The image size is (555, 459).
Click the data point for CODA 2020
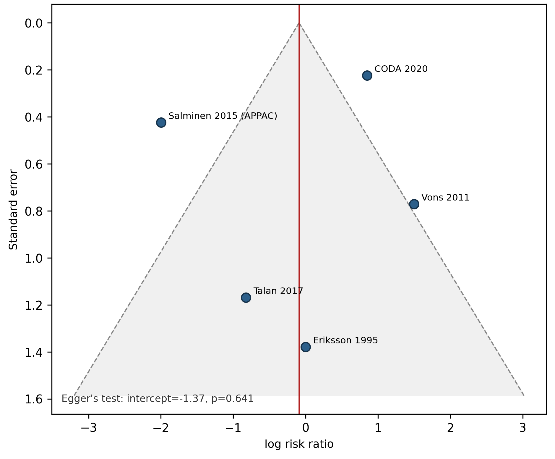coord(367,76)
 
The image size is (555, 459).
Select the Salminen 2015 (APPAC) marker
coord(161,122)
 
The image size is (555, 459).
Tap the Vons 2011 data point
coord(414,204)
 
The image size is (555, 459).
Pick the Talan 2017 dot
coord(246,298)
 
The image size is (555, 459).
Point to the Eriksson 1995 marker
coord(306,347)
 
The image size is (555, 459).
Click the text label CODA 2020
coord(401,69)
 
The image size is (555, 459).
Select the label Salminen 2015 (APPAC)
coord(223,116)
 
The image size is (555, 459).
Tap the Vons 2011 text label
coord(445,198)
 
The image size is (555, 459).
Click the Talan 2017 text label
coord(278,291)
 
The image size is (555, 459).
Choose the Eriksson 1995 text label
coord(345,340)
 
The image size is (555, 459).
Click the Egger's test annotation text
coord(158,399)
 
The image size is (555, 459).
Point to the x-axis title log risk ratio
coord(299,444)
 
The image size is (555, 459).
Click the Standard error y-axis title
coord(13,209)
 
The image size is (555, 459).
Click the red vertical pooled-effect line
coord(299,209)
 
